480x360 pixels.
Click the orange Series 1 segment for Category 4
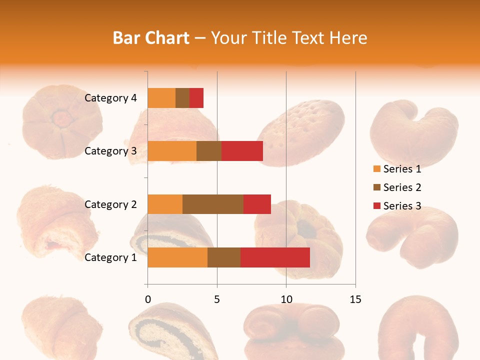pos(161,98)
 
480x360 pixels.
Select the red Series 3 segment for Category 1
pos(275,257)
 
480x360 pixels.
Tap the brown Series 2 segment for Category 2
pos(213,204)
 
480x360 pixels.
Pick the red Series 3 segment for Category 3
pos(242,151)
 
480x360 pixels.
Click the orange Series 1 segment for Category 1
pos(177,257)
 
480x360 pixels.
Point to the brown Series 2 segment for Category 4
pos(182,98)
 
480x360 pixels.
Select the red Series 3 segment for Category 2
pos(257,204)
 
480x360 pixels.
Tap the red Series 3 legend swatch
pos(376,206)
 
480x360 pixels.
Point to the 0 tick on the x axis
pos(147,300)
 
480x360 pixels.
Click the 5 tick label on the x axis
pos(217,300)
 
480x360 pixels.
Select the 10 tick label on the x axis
pos(286,300)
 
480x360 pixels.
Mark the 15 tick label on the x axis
pos(355,300)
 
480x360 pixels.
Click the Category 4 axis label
pos(110,98)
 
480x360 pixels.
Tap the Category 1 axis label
pos(110,257)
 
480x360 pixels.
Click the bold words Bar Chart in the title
pos(151,38)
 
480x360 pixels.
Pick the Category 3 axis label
pos(110,151)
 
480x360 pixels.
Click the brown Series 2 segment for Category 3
pos(209,151)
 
